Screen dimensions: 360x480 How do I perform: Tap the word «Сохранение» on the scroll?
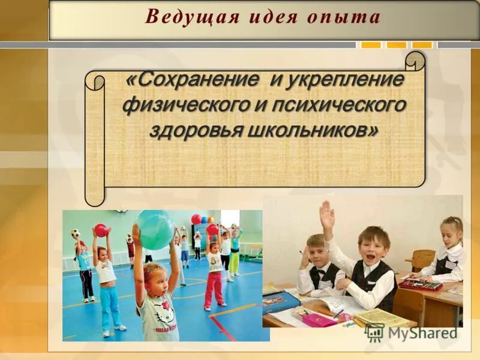tap(192, 80)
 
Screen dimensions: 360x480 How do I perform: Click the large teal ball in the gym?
tap(155, 230)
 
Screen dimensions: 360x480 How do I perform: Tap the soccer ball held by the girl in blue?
tap(76, 233)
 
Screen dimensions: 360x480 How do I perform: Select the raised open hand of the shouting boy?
tap(326, 215)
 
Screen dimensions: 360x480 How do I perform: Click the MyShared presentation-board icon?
tap(374, 332)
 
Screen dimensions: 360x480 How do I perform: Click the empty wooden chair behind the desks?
tap(424, 260)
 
